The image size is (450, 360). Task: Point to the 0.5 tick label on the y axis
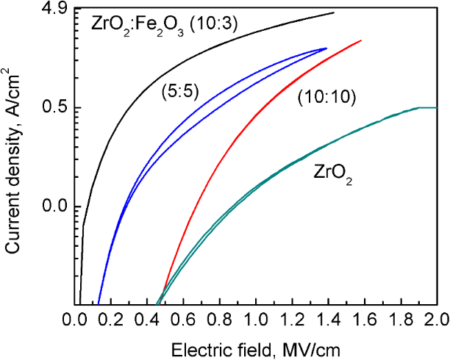pyautogui.click(x=58, y=107)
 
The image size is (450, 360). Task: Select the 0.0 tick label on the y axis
pyautogui.click(x=58, y=206)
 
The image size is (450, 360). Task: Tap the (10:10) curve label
pyautogui.click(x=326, y=98)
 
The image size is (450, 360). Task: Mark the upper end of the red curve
pyautogui.click(x=361, y=40)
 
